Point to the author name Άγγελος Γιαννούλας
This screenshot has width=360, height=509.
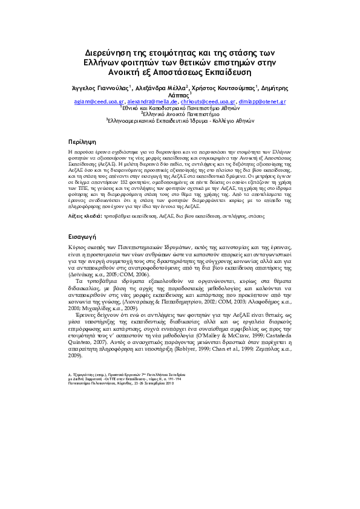100,88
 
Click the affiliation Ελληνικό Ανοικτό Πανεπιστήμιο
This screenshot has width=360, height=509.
179,113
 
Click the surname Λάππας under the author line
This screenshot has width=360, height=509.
179,96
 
